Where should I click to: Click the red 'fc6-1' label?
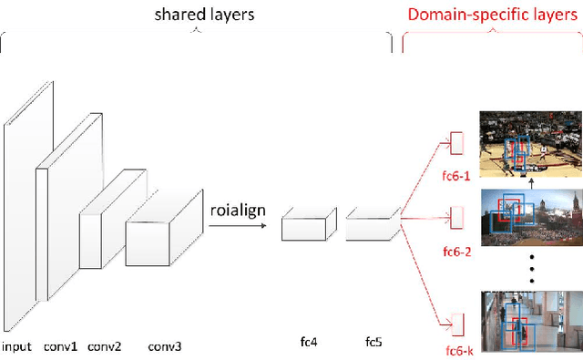tap(458, 176)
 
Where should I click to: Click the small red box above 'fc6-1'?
tap(457, 143)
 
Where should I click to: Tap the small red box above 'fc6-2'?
tap(457, 218)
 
